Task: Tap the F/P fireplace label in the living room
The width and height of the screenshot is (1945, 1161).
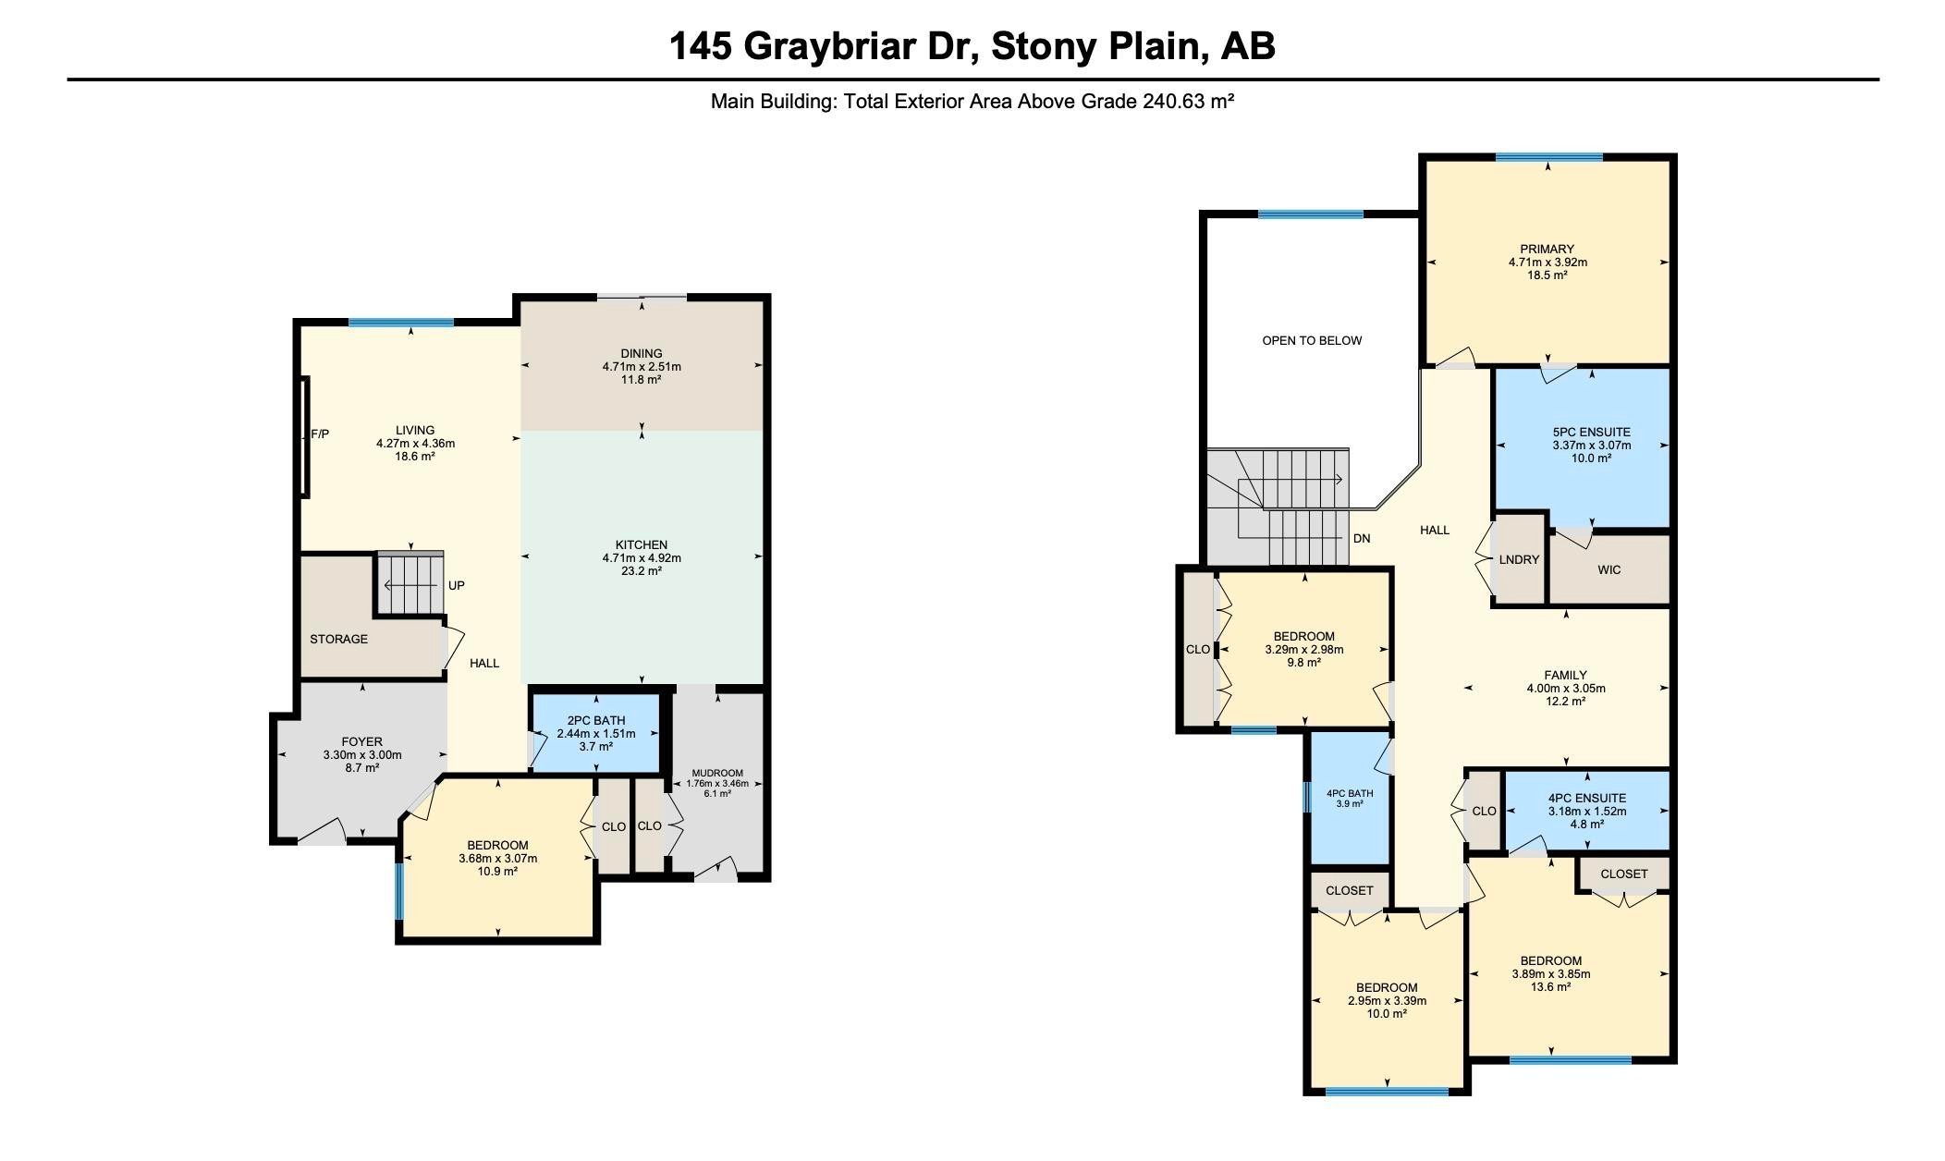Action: point(320,434)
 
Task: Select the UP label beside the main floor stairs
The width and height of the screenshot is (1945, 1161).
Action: point(457,585)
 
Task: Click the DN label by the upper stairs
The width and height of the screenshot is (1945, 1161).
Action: point(1362,538)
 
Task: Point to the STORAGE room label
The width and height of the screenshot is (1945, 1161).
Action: point(338,639)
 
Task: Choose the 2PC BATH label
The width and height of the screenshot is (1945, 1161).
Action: point(596,721)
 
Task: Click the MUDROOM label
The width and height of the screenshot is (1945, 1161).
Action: point(717,773)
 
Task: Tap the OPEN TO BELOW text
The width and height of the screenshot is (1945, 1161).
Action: point(1312,340)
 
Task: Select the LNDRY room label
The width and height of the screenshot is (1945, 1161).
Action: point(1519,559)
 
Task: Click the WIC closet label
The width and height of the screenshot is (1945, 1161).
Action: point(1609,569)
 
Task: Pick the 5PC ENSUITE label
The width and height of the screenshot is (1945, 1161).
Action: point(1592,432)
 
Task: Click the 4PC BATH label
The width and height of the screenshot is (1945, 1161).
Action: point(1350,793)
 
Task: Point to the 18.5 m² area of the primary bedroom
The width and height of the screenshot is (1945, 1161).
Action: point(1547,275)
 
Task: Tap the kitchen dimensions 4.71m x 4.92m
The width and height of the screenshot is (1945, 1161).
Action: point(642,557)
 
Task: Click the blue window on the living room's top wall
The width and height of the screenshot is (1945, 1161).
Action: point(401,323)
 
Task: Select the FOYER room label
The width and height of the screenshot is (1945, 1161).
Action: point(362,741)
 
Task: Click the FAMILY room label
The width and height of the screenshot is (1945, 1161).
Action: point(1566,675)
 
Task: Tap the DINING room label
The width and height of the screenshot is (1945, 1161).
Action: point(642,353)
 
